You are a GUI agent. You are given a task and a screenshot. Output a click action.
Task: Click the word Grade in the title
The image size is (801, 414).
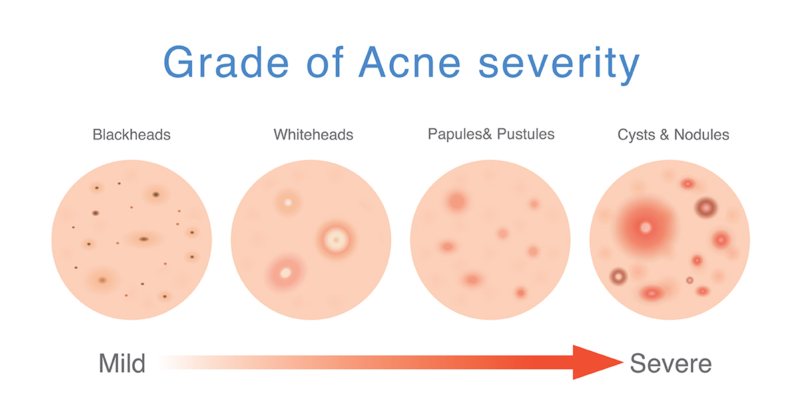click(x=226, y=62)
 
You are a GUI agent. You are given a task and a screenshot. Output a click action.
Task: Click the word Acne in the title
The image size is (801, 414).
click(x=410, y=62)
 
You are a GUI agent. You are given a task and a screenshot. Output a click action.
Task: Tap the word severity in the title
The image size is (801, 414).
click(x=559, y=65)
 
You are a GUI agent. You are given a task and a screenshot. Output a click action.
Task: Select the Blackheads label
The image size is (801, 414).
click(x=131, y=135)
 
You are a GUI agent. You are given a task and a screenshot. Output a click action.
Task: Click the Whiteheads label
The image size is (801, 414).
click(x=313, y=135)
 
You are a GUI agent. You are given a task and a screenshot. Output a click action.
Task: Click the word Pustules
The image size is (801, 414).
click(x=526, y=134)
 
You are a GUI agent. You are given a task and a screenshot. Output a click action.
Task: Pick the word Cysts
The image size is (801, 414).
click(x=636, y=135)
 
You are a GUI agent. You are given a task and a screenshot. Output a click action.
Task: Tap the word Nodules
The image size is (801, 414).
click(x=702, y=135)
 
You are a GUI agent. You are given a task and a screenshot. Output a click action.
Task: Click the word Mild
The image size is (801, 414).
click(x=122, y=363)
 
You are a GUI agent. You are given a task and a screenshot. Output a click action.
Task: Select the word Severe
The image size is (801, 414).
click(x=671, y=363)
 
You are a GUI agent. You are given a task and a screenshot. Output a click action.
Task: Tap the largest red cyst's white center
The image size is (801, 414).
click(x=645, y=227)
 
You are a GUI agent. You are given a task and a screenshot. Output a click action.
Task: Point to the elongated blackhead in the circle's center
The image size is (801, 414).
click(x=144, y=239)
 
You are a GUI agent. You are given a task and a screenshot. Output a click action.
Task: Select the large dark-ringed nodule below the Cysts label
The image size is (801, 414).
click(x=706, y=207)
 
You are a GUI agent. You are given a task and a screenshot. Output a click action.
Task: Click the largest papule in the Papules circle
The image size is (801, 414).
click(x=457, y=201)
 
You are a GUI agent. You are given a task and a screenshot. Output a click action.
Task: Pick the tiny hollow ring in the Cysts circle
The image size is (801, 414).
click(x=690, y=281)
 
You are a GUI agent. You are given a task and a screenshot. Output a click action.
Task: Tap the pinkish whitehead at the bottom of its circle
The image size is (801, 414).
click(x=285, y=273)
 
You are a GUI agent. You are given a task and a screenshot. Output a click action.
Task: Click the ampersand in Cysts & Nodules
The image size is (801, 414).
click(x=664, y=135)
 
